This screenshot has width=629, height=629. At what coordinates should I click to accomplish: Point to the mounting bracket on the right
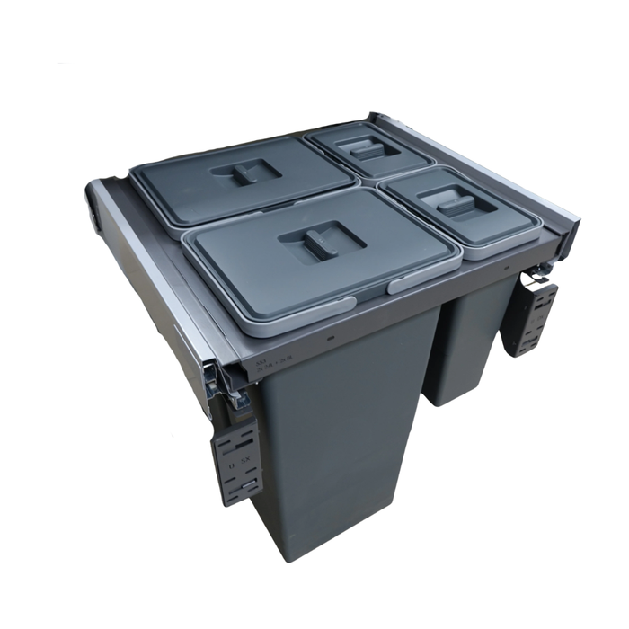pos(530,317)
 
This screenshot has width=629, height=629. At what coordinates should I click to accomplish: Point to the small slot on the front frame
pos(332,340)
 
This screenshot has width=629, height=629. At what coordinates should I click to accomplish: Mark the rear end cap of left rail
pos(92,199)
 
